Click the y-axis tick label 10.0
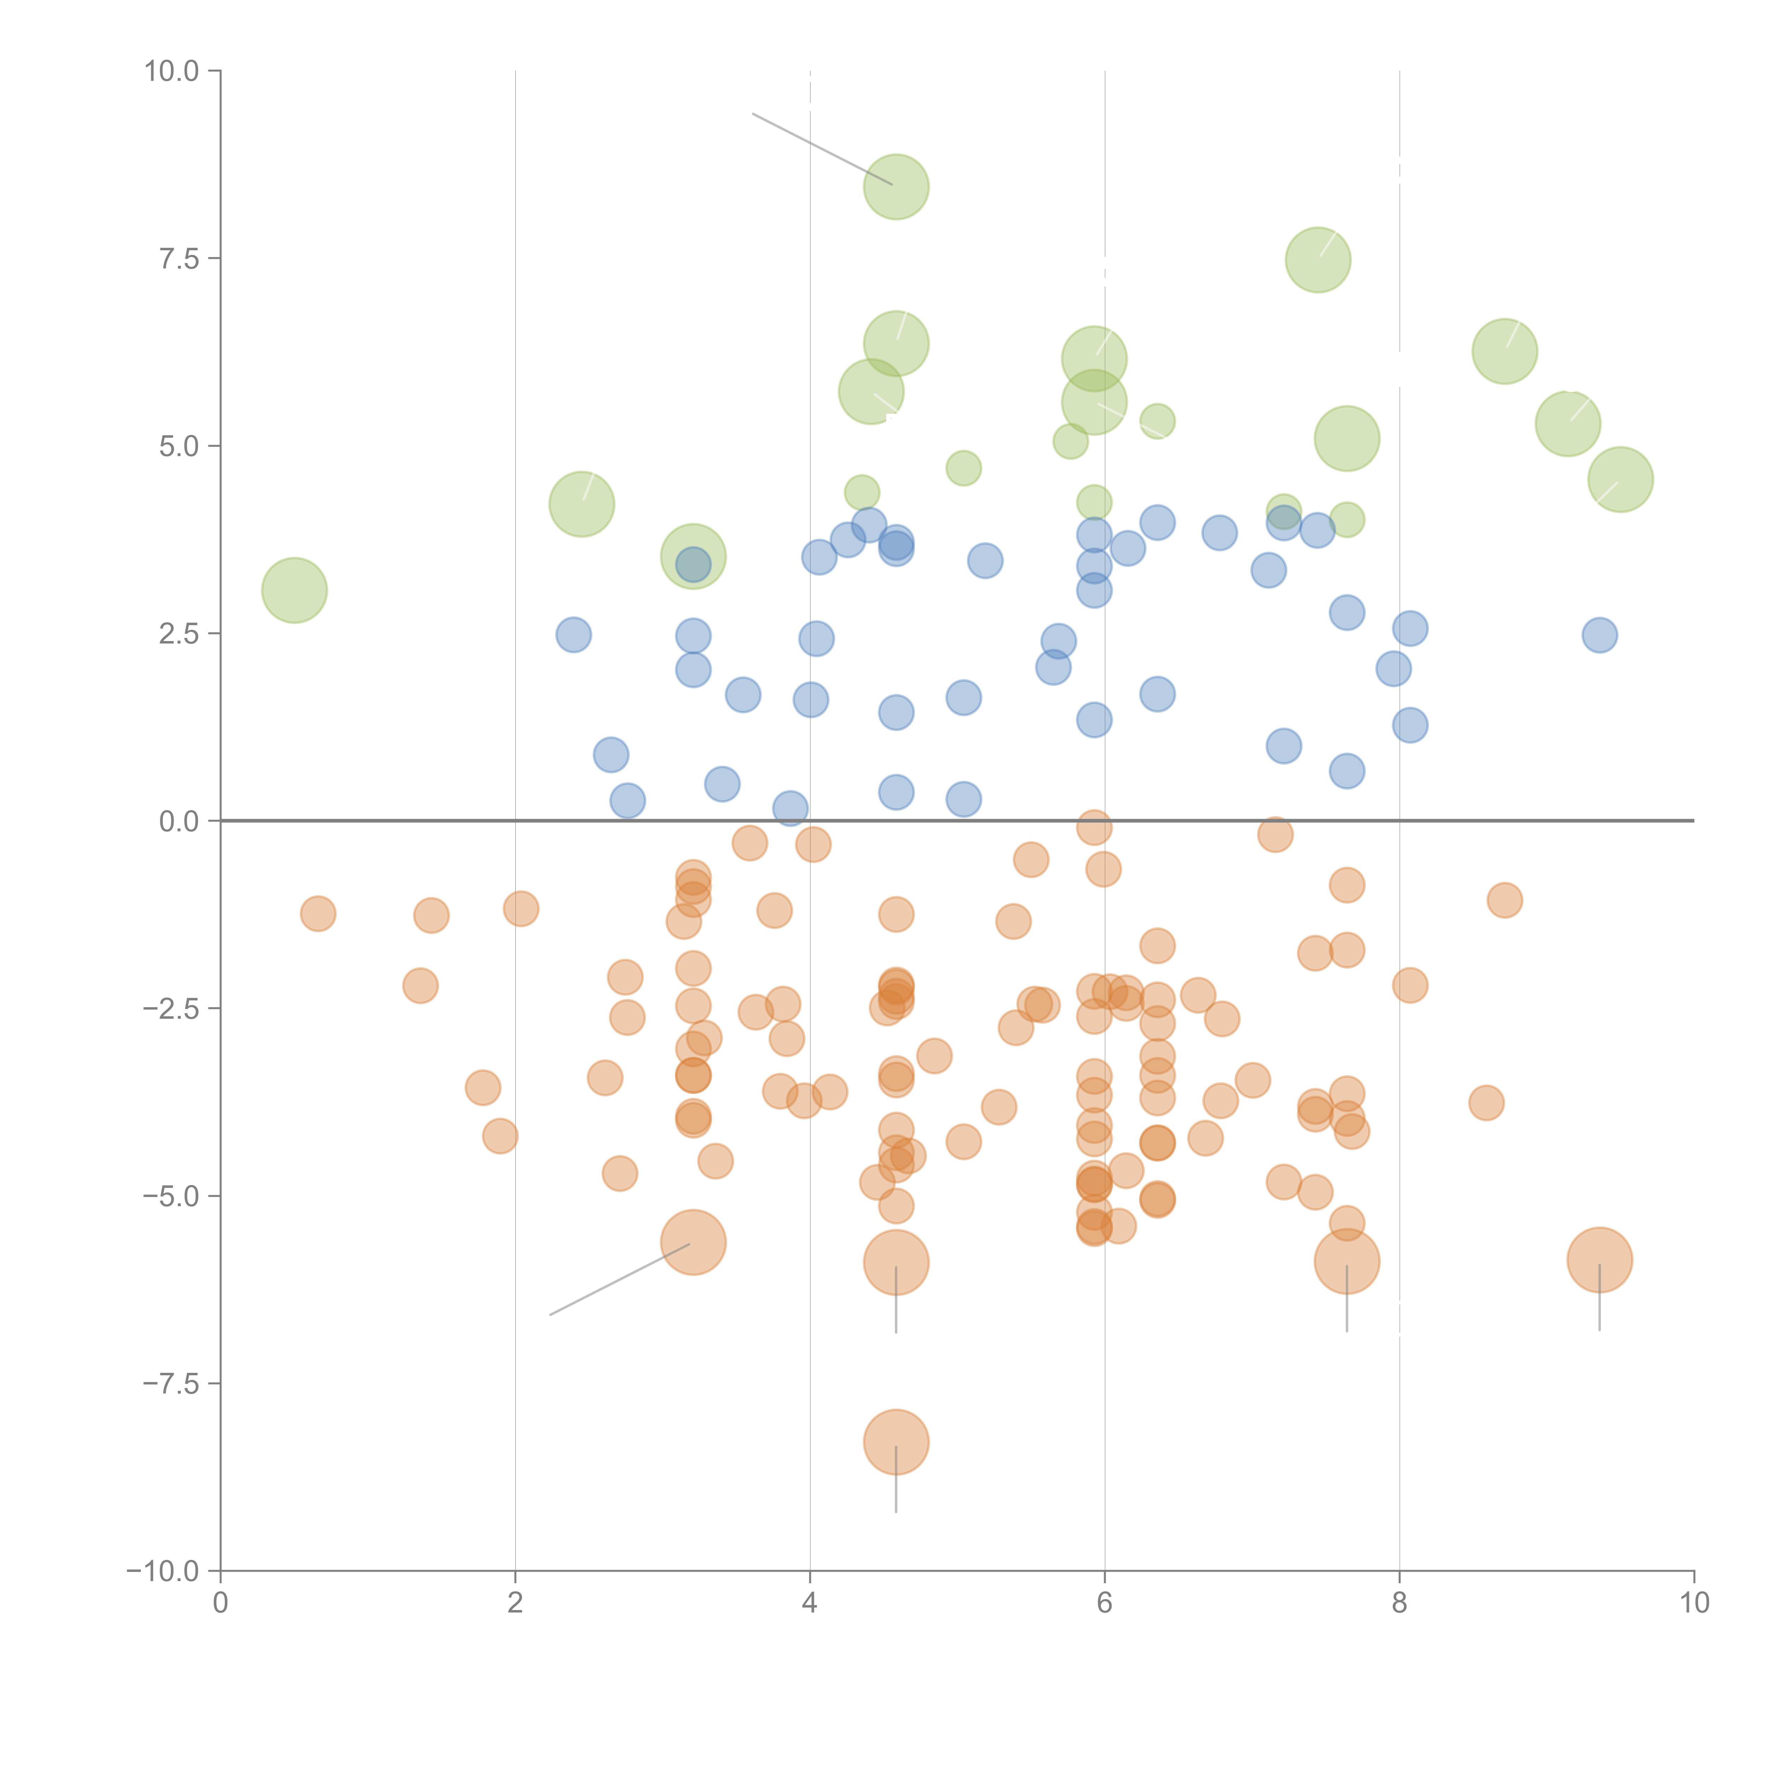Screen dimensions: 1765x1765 (x=172, y=71)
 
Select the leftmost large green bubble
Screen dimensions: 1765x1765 (x=294, y=590)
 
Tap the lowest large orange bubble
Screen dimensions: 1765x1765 (x=896, y=1442)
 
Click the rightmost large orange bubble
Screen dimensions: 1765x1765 (x=1600, y=1260)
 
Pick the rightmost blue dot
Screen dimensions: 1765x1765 (x=1600, y=635)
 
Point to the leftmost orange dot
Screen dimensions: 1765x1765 (x=318, y=914)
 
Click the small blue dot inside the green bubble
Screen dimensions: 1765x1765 (x=693, y=564)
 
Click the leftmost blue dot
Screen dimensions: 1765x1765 (x=574, y=635)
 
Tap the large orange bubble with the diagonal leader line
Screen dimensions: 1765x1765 (x=693, y=1243)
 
